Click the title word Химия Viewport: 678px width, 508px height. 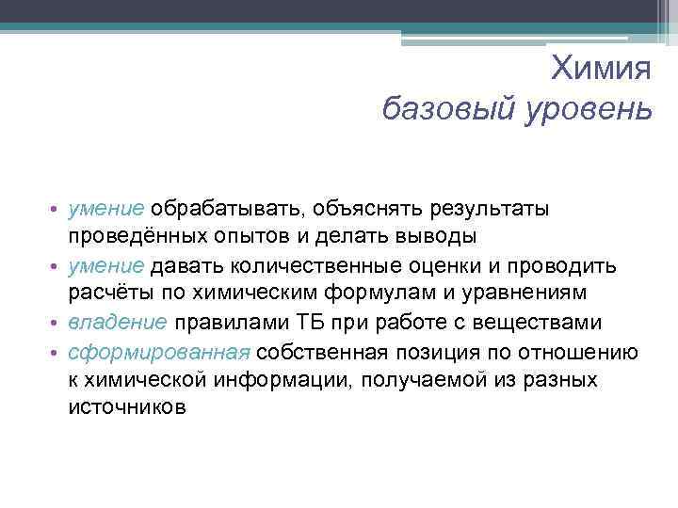coord(601,69)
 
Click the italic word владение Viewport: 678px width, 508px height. coord(118,323)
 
